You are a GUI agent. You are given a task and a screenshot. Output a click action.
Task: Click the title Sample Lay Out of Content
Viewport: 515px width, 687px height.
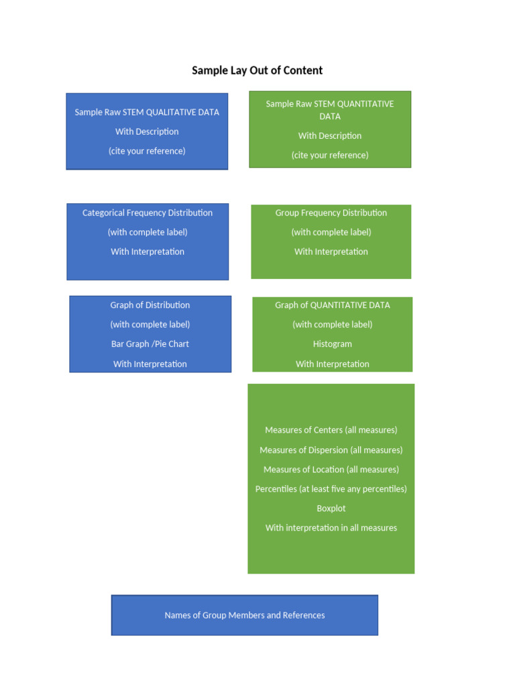point(257,70)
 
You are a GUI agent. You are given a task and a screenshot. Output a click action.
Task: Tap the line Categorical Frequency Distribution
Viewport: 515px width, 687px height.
point(148,213)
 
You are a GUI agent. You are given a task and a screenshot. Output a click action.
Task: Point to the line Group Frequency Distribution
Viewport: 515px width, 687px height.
point(331,213)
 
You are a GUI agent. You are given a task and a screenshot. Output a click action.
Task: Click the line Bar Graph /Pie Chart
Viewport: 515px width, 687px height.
point(150,344)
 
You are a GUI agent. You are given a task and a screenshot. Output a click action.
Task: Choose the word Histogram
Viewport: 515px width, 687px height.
point(332,344)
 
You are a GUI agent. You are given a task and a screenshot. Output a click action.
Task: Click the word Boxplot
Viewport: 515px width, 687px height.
point(331,509)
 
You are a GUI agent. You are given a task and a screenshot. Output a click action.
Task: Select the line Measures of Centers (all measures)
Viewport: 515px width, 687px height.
point(331,430)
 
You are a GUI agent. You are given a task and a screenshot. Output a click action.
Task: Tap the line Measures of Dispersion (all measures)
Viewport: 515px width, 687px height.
point(331,450)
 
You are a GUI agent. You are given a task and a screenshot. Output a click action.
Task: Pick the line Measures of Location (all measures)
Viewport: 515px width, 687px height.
point(331,470)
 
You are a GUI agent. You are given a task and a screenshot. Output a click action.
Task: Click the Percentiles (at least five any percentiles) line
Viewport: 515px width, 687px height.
point(331,489)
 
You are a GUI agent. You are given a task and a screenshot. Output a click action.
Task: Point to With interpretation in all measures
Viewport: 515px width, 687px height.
point(331,528)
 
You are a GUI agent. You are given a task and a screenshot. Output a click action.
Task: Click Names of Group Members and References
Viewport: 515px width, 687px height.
point(245,615)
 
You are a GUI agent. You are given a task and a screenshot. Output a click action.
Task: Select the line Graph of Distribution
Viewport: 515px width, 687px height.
point(150,305)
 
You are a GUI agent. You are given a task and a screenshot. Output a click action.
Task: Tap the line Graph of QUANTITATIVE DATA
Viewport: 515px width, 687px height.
point(332,305)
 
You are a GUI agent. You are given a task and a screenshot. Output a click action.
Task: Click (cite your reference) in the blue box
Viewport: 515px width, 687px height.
point(147,151)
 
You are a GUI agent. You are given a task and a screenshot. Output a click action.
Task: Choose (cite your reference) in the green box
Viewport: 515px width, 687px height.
point(330,155)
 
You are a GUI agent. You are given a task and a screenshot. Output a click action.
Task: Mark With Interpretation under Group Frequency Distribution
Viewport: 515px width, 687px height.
point(331,252)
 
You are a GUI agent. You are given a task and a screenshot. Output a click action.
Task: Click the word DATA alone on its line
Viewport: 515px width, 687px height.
point(330,117)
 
